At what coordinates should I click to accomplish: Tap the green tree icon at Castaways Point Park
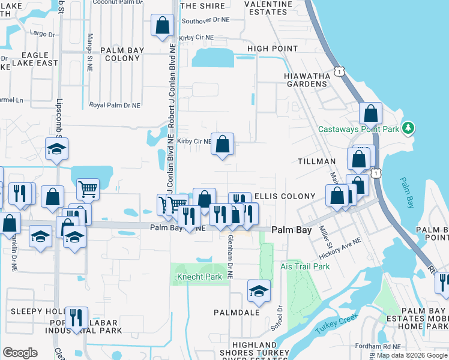point(409,128)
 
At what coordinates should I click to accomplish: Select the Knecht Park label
point(195,277)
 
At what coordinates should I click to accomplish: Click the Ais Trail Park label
point(305,266)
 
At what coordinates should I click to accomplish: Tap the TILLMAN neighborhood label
point(317,162)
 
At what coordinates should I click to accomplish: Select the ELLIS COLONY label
point(285,196)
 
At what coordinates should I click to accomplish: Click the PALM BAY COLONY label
point(122,54)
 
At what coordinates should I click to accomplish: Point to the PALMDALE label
point(237,313)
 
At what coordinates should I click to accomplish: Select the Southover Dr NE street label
point(205,20)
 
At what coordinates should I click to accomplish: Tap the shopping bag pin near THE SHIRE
point(162,26)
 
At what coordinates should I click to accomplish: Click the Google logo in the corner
point(20,353)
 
